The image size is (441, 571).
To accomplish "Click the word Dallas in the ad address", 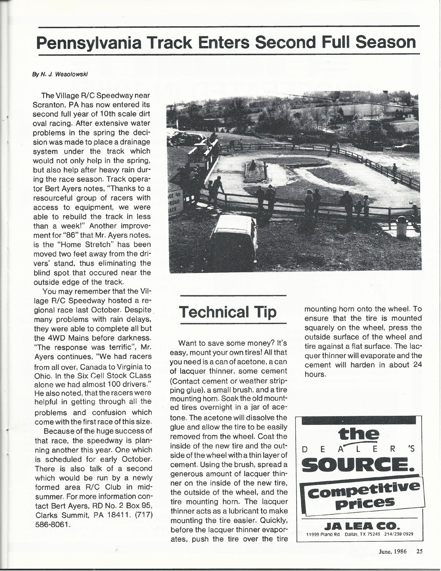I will click(x=352, y=534).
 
